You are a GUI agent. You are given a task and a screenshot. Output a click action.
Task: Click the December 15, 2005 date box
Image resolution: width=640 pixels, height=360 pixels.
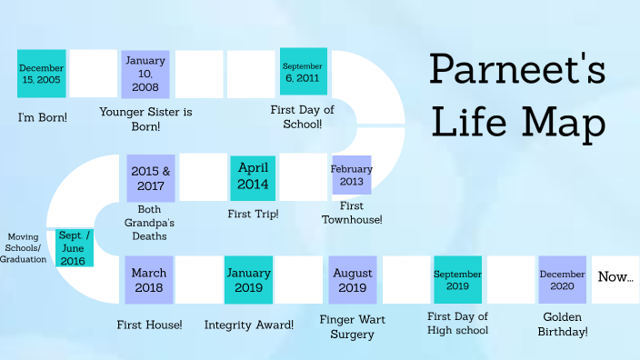[x=42, y=74]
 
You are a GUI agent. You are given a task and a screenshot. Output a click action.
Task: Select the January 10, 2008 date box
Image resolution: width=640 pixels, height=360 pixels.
[x=145, y=74]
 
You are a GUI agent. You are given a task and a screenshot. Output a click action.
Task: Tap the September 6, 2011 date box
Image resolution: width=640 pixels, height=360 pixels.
[x=303, y=71]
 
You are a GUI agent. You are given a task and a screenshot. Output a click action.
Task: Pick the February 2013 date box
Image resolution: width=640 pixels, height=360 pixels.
[x=352, y=175]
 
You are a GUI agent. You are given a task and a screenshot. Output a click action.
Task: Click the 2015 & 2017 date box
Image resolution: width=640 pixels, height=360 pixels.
[x=151, y=178]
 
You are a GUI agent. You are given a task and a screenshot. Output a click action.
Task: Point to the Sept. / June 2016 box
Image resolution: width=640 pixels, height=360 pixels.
[x=73, y=248]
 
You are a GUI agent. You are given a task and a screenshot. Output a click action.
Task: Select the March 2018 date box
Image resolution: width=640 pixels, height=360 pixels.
[x=149, y=279]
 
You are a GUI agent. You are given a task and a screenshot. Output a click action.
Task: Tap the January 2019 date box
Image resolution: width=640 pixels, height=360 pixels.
[x=248, y=279]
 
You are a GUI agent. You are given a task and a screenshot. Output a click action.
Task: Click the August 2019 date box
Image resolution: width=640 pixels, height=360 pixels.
[x=353, y=279]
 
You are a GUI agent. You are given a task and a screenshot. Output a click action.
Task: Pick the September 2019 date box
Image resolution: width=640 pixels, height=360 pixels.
[x=457, y=279]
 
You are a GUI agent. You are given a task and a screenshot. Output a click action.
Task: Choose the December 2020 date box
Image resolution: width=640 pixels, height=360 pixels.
[x=562, y=279]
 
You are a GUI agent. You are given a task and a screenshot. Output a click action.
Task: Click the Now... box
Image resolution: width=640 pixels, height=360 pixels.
[x=615, y=276]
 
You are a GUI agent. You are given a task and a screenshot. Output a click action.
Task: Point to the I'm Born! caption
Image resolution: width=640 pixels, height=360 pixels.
[x=42, y=117]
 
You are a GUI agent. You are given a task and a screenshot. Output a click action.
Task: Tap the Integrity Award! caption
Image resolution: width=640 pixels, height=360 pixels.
[x=248, y=325]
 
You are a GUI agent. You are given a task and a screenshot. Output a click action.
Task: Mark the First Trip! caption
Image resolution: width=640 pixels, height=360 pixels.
[x=253, y=214]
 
